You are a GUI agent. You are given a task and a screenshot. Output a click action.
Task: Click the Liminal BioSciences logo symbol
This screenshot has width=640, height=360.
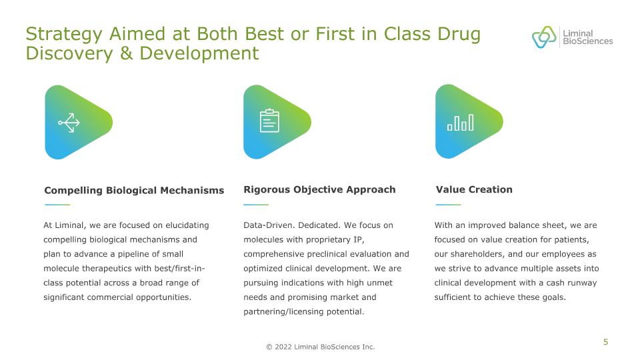click(x=544, y=37)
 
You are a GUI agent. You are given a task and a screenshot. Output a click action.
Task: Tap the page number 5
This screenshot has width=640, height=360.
click(x=606, y=342)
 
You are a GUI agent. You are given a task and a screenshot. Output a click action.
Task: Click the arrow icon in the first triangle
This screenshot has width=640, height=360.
click(x=69, y=123)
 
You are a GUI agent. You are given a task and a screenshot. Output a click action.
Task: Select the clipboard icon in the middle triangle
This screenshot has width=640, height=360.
click(x=269, y=121)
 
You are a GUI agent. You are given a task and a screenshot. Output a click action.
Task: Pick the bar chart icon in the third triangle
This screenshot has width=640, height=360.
click(x=461, y=123)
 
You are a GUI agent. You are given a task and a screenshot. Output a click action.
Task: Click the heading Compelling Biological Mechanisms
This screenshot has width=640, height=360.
click(x=134, y=190)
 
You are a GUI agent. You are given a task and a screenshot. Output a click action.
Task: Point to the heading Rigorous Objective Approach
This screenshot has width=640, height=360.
click(x=319, y=189)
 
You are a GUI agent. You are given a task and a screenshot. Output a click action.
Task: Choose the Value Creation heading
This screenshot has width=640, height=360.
click(x=474, y=189)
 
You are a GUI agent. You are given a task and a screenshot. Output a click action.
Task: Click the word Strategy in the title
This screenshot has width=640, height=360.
click(x=64, y=35)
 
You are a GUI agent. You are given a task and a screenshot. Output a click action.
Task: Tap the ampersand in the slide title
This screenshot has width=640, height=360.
click(x=126, y=53)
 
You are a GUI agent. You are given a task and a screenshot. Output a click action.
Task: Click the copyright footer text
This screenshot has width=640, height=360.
click(x=321, y=347)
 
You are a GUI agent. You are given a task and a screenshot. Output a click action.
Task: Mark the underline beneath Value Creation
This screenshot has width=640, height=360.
click(x=448, y=205)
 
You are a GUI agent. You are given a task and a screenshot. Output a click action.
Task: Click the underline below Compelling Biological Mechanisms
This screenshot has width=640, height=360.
click(x=57, y=205)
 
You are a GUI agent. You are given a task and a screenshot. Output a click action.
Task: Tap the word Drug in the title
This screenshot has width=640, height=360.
click(x=459, y=35)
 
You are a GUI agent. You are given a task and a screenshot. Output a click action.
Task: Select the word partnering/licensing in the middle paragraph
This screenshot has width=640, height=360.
click(x=283, y=312)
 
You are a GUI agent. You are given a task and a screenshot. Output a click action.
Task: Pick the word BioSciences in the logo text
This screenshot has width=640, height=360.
click(x=588, y=41)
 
